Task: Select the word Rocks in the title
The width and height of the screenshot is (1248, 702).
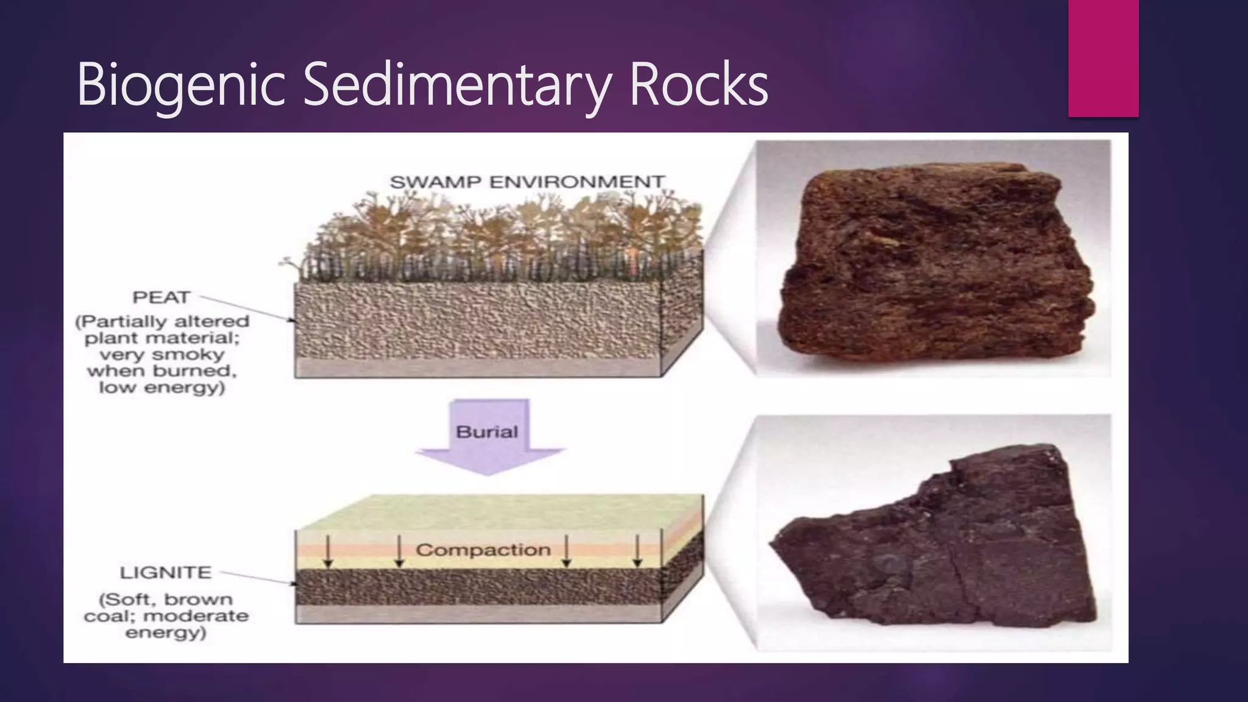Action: pos(698,85)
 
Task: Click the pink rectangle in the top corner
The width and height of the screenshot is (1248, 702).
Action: pos(1103,58)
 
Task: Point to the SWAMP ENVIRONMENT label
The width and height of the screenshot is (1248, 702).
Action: pos(526,182)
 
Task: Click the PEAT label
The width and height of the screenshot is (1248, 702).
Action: pos(161,297)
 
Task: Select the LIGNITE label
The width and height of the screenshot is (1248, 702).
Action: pos(166,573)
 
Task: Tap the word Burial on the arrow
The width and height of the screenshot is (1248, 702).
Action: pos(487,432)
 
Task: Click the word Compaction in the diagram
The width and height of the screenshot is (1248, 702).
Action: pos(483,550)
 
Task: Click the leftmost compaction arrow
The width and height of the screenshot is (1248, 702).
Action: pos(328,551)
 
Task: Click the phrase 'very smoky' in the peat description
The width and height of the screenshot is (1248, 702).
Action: pos(162,355)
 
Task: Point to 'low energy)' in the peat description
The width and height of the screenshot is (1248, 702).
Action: pos(162,388)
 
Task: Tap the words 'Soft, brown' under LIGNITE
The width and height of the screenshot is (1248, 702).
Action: pos(166,600)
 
